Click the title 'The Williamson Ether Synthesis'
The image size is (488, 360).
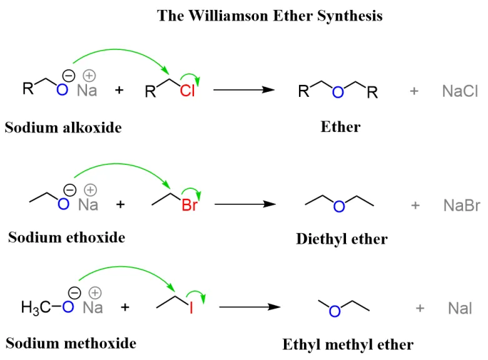(270, 16)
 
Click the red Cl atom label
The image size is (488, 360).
(188, 92)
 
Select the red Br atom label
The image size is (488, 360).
(190, 206)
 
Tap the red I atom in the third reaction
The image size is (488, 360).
(191, 308)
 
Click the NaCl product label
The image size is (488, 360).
(460, 91)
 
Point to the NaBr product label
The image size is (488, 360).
(461, 205)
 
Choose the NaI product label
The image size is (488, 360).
(460, 308)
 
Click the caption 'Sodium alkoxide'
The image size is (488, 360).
(63, 127)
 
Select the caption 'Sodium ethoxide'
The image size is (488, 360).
(66, 237)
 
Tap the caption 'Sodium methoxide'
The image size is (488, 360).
(71, 343)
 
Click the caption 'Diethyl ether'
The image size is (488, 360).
(342, 239)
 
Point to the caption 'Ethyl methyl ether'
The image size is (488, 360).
(348, 344)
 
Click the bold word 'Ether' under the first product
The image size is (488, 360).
(340, 127)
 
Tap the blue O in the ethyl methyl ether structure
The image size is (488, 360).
(335, 311)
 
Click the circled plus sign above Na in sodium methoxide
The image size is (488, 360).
(95, 292)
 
